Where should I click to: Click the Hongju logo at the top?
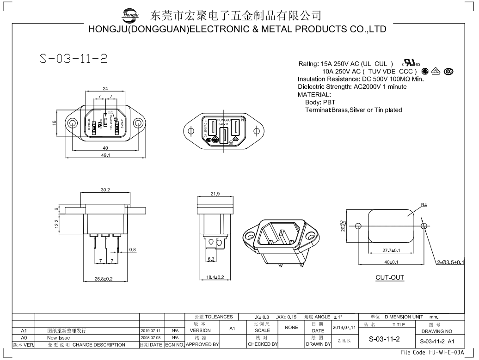point(130,15)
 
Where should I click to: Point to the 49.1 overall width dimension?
point(105,155)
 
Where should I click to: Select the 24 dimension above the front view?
point(105,88)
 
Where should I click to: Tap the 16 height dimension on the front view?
point(54,123)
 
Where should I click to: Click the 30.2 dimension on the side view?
point(105,189)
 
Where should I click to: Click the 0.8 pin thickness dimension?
point(133,250)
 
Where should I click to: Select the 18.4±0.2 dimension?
point(215,277)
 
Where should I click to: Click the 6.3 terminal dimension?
point(210,260)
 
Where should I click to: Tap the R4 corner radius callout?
point(424,205)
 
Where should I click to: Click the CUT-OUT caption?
point(390,278)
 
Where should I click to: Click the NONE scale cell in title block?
point(291,327)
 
